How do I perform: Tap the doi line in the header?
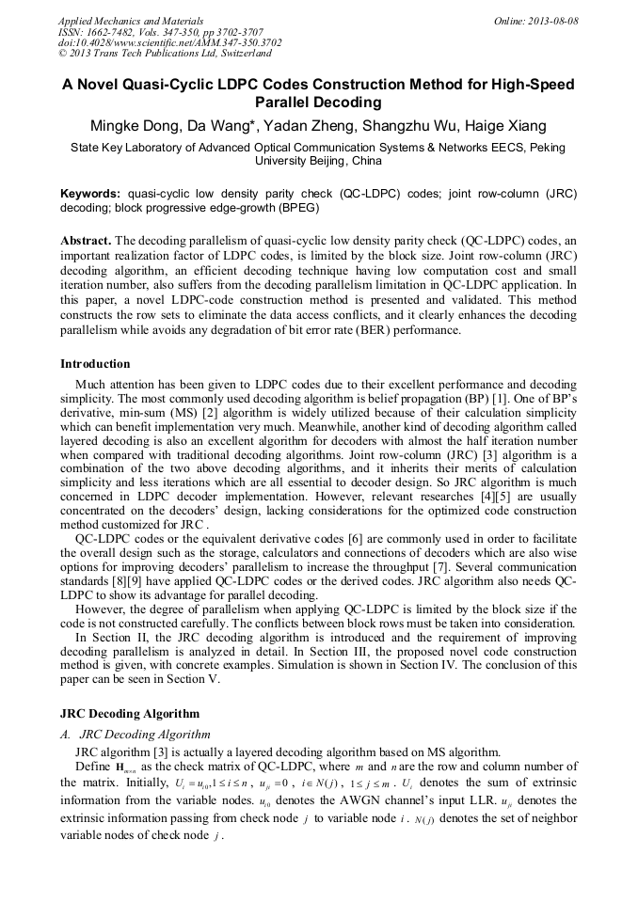point(169,42)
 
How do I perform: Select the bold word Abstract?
point(86,240)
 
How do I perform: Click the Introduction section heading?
point(95,364)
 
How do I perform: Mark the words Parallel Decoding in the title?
point(318,103)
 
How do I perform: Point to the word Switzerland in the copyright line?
point(234,54)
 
